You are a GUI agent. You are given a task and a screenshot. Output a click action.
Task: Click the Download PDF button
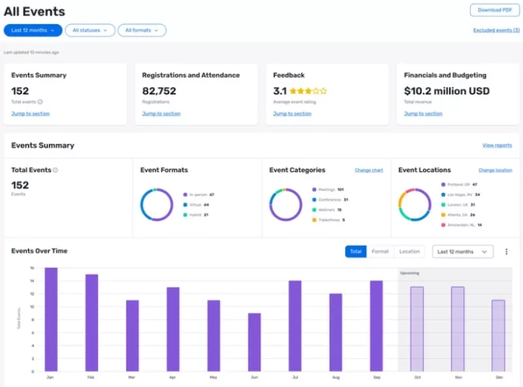point(494,10)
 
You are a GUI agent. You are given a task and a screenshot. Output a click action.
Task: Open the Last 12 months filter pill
point(33,30)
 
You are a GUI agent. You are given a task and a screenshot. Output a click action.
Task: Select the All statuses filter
point(90,30)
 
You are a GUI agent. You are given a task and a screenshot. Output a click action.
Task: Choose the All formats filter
point(142,30)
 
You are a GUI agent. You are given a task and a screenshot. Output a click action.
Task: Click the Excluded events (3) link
point(496,30)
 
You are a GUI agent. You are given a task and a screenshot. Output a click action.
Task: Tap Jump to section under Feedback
point(292,114)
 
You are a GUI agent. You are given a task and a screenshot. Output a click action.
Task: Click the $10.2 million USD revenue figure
point(447,92)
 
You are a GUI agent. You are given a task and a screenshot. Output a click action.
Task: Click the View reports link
point(497,145)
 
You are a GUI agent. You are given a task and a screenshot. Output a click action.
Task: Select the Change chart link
point(369,170)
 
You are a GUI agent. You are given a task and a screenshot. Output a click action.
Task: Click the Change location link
point(495,170)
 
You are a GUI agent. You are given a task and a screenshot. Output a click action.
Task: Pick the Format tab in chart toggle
point(380,252)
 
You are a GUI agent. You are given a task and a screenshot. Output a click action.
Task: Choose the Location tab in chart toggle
point(409,252)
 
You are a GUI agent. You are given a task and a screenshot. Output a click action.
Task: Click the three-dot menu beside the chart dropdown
point(506,252)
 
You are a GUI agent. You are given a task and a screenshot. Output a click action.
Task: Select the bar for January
point(51,320)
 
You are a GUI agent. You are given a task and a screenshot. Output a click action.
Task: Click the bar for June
point(254,343)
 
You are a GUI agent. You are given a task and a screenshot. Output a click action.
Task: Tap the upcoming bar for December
point(498,336)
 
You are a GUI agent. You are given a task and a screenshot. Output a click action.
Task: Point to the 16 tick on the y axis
point(31,268)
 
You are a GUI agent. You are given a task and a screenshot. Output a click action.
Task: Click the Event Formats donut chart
point(157,205)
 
